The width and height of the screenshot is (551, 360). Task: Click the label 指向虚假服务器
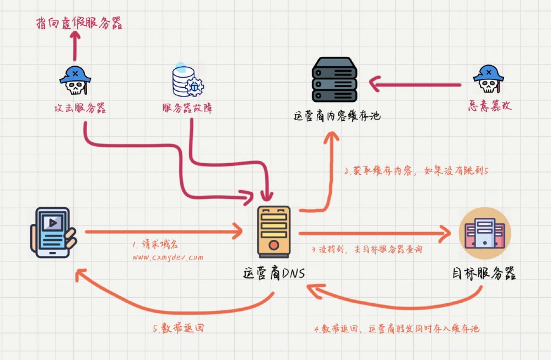click(x=79, y=23)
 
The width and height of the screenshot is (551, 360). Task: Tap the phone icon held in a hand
click(x=53, y=232)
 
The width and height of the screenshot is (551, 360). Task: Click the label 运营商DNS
click(x=274, y=273)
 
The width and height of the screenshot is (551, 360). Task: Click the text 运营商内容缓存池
click(x=337, y=116)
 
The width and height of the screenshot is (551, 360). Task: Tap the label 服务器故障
click(x=187, y=108)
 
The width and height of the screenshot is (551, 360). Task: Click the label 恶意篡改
click(x=489, y=106)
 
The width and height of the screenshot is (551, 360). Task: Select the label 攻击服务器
click(x=75, y=108)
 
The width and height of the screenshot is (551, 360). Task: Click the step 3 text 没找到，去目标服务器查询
click(x=366, y=249)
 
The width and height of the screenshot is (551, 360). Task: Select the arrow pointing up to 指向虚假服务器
click(x=75, y=47)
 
